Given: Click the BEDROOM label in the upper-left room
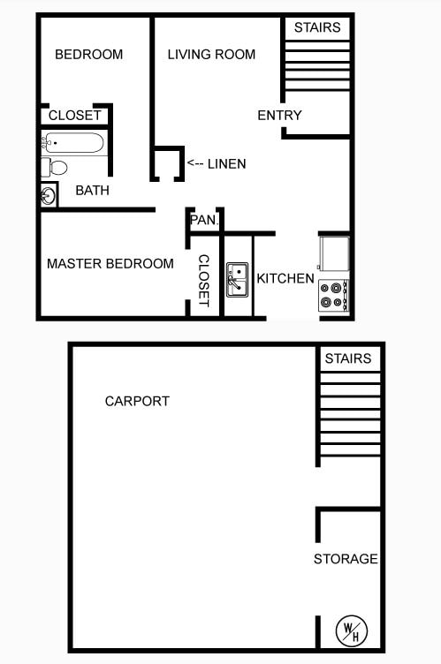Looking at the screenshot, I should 88,55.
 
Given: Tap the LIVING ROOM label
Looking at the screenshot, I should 211,55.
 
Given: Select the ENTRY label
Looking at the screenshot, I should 279,116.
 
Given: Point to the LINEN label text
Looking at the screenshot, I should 226,164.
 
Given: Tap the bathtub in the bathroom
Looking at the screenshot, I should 74,142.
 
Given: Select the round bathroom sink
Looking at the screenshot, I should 49,195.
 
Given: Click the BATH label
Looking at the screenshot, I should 92,191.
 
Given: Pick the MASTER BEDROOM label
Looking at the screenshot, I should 110,264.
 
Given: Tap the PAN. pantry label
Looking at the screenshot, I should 203,219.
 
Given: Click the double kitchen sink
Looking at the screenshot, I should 237,279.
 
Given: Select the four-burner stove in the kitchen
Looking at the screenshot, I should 334,294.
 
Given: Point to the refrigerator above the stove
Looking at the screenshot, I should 334,253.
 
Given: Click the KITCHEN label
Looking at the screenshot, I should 285,279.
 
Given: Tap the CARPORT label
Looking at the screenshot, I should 137,401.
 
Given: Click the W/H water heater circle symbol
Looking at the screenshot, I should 351,630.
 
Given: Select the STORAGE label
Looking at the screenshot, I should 346,559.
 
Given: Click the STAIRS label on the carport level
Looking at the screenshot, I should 347,358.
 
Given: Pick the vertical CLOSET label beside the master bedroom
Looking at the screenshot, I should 203,281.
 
